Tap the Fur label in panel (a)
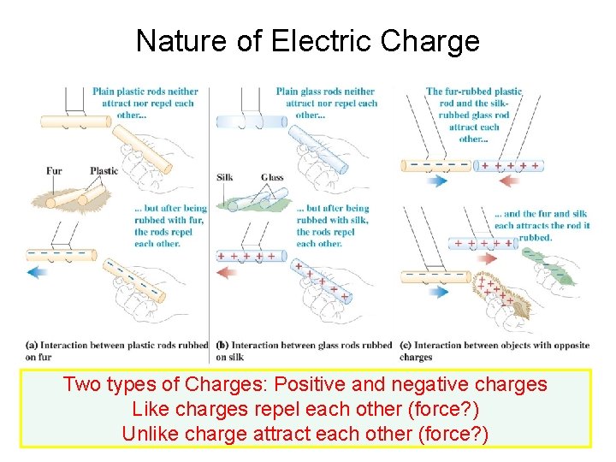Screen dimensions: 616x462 (x=54, y=170)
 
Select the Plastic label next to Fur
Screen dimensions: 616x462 (x=104, y=170)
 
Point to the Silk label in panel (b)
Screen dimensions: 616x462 (x=225, y=177)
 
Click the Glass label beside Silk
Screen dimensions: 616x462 (x=272, y=177)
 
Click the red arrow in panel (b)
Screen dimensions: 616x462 (x=228, y=272)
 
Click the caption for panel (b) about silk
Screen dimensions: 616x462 (x=304, y=351)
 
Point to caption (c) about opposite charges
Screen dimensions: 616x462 (x=495, y=351)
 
